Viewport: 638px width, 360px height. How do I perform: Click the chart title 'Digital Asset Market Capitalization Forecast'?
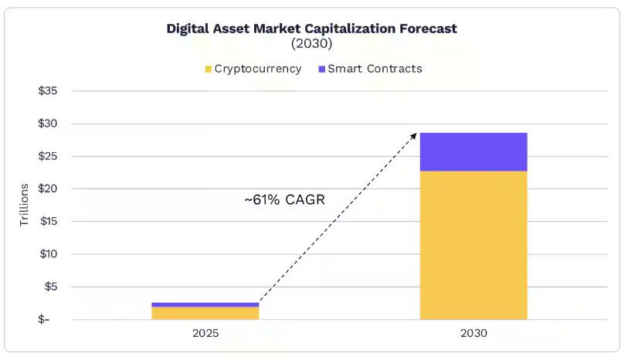pyautogui.click(x=312, y=29)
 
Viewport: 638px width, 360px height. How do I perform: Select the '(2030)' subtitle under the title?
pyautogui.click(x=312, y=44)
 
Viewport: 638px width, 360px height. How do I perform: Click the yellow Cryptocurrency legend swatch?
pyautogui.click(x=208, y=69)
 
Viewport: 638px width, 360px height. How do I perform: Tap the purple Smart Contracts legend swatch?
pyautogui.click(x=321, y=69)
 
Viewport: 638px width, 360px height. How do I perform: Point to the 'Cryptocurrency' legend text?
pyautogui.click(x=258, y=69)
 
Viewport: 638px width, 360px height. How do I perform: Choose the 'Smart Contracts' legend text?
pyautogui.click(x=375, y=69)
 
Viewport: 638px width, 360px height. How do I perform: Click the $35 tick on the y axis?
pyautogui.click(x=49, y=91)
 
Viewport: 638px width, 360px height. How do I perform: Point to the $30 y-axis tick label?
pyautogui.click(x=49, y=124)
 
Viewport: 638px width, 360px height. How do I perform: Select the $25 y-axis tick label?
pyautogui.click(x=49, y=156)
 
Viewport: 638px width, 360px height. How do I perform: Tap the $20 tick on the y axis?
pyautogui.click(x=49, y=188)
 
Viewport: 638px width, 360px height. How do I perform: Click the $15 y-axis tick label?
pyautogui.click(x=49, y=222)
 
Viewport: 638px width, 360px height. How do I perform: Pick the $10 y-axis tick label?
pyautogui.click(x=49, y=254)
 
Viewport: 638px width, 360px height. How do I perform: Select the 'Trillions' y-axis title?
pyautogui.click(x=24, y=205)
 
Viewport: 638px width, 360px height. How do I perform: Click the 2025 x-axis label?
pyautogui.click(x=205, y=334)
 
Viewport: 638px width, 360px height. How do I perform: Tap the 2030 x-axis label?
pyautogui.click(x=473, y=334)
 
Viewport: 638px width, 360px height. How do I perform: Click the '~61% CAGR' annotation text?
pyautogui.click(x=285, y=200)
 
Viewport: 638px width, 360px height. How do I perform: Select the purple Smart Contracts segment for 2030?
pyautogui.click(x=473, y=151)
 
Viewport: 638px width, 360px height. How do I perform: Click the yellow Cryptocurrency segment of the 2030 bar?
pyautogui.click(x=473, y=245)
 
